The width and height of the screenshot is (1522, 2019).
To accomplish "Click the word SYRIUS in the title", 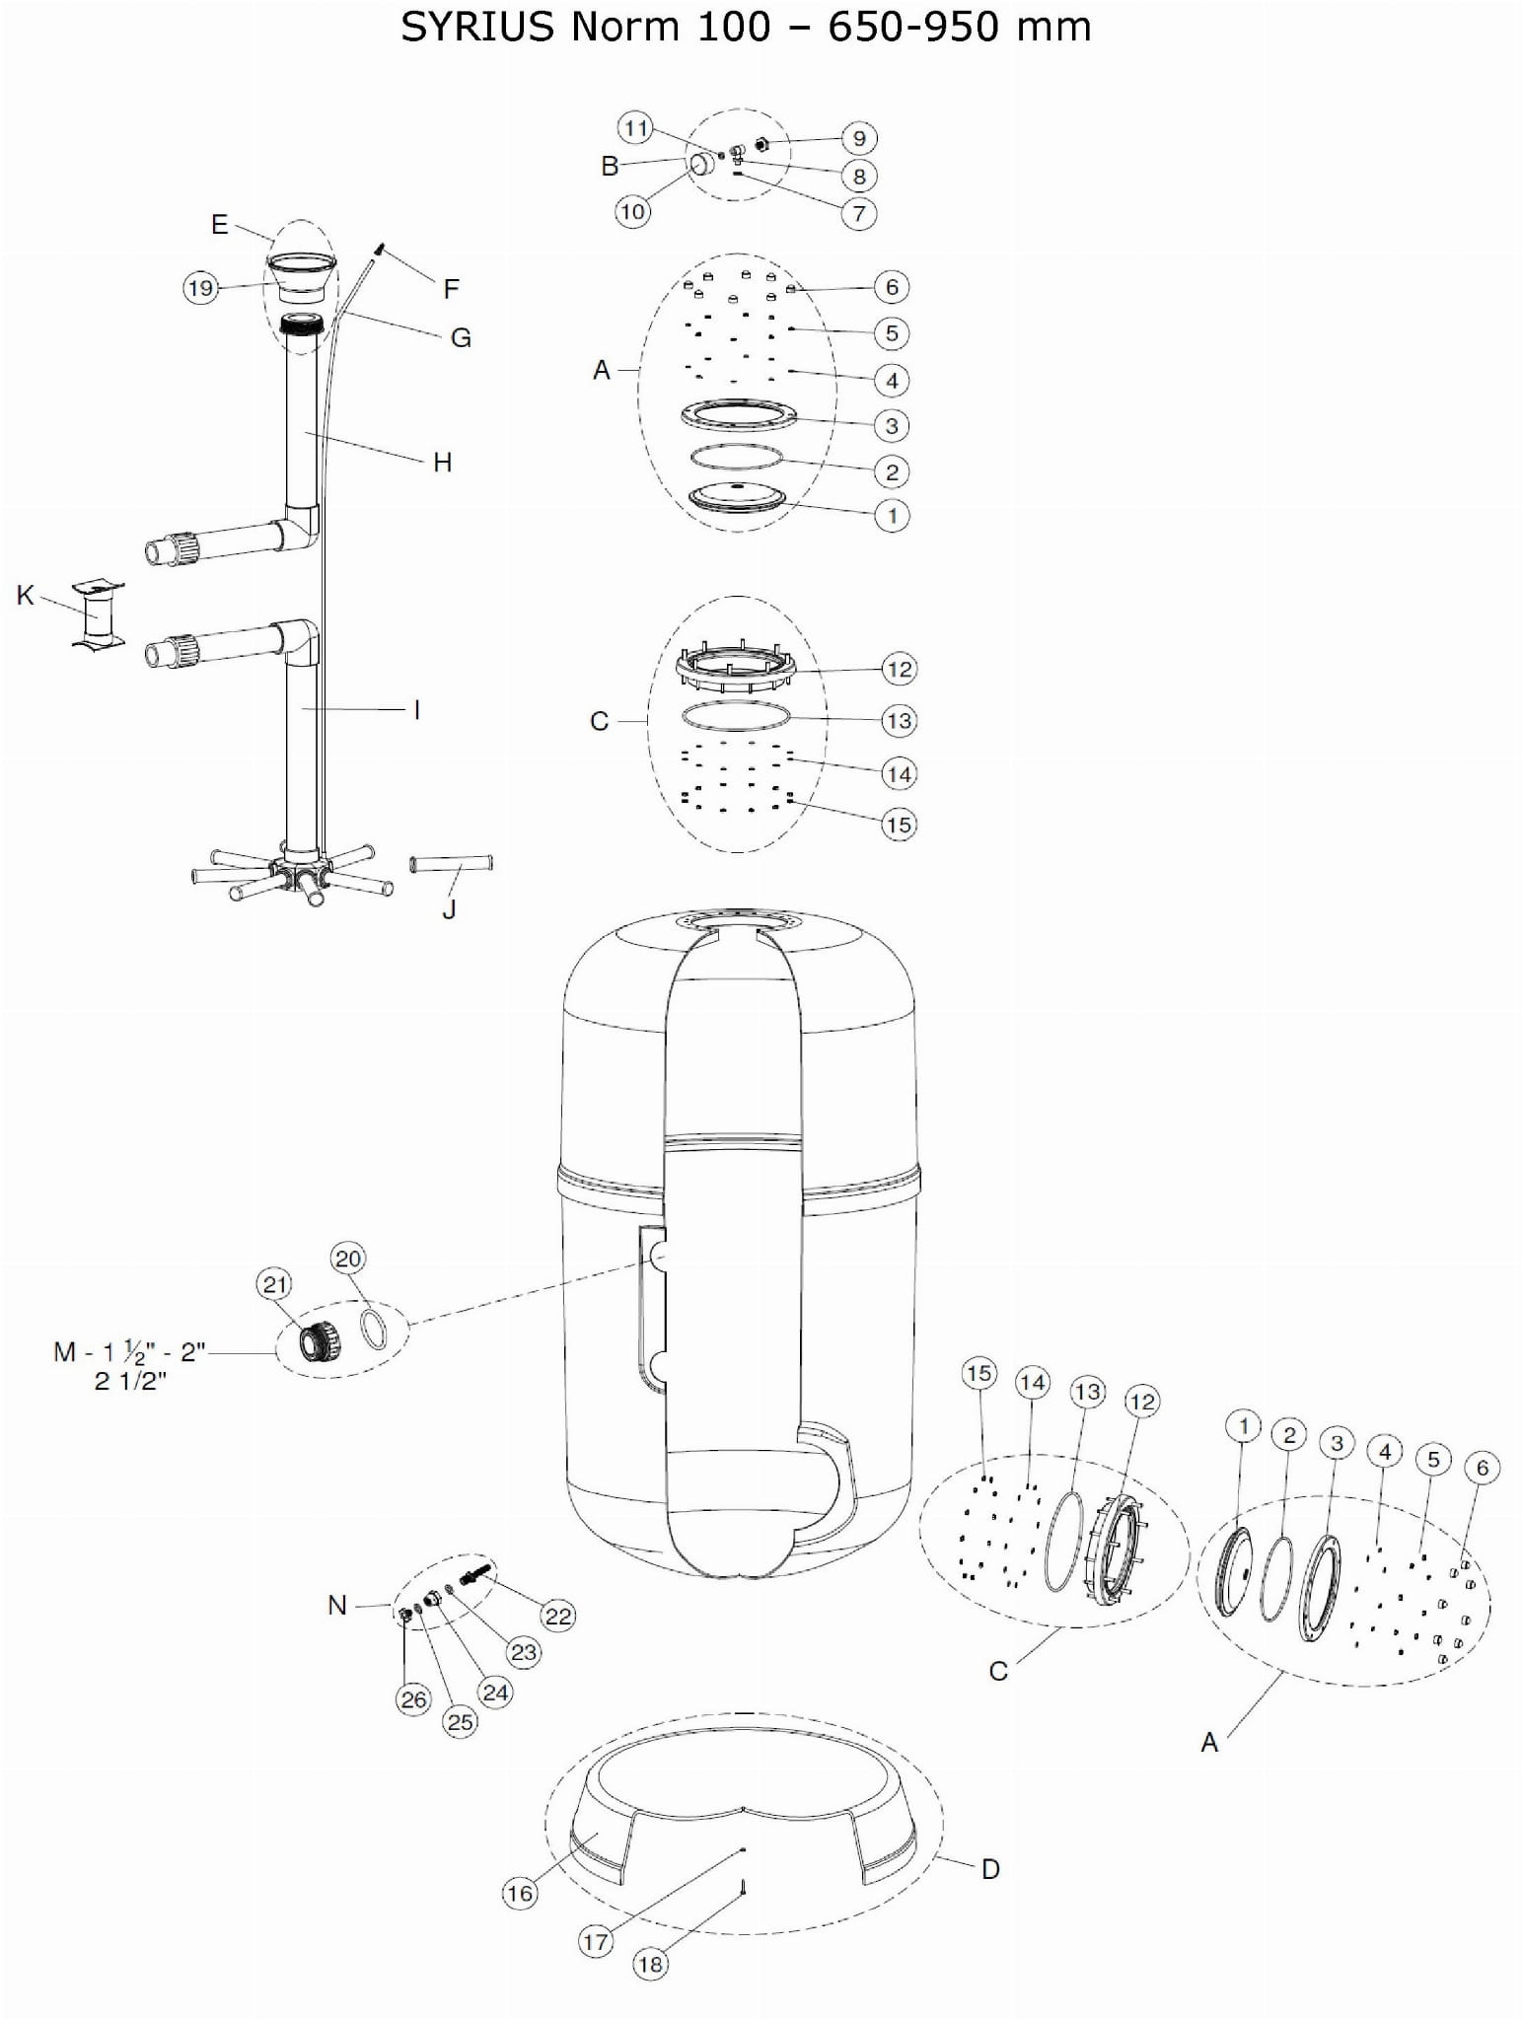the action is point(477,28).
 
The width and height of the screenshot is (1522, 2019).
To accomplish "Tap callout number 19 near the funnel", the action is point(200,288).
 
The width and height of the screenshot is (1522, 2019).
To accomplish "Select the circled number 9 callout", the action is point(859,138).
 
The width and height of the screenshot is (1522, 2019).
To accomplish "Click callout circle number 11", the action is point(636,128).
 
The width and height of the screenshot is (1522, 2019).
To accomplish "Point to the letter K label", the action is point(26,595).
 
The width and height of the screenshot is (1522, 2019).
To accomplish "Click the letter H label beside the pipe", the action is point(442,462).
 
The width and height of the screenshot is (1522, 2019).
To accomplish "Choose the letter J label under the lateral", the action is point(449,909).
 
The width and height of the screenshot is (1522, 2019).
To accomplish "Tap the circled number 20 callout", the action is point(348,1259).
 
